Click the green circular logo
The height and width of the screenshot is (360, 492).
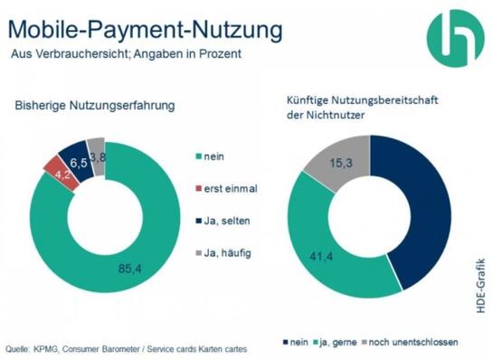455,35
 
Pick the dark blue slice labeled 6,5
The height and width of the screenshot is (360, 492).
74,151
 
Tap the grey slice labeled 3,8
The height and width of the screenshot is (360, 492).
96,144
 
